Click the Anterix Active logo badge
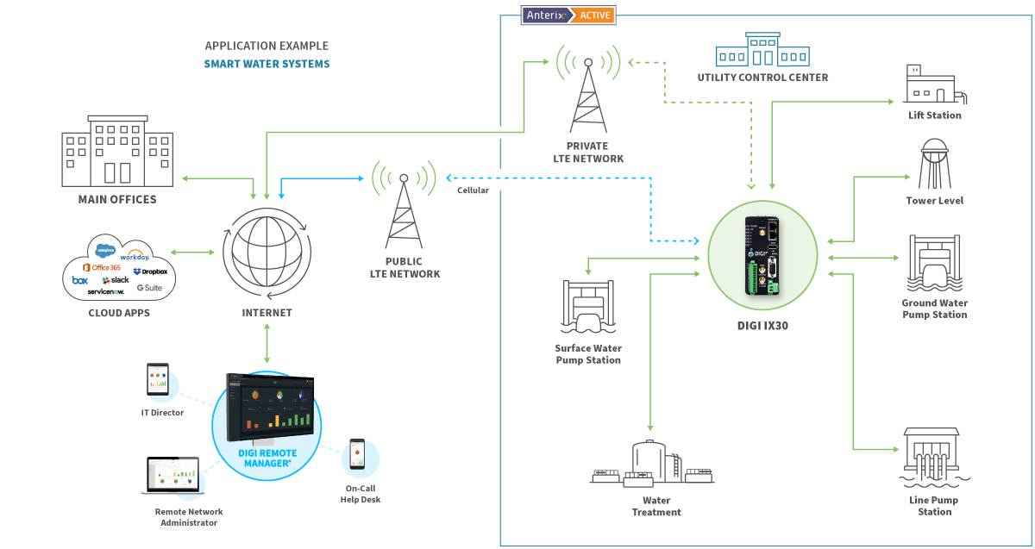568,15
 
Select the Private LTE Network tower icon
587,95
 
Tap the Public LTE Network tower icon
403,210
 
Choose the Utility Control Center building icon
762,51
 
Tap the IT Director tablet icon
157,380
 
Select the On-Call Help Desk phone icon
356,455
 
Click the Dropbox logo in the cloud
149,271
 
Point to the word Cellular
473,190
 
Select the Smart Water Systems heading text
267,64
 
